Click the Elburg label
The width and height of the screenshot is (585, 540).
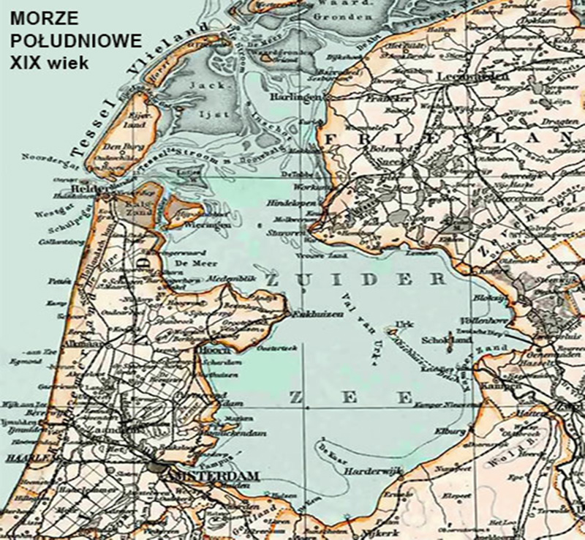pyautogui.click(x=429, y=430)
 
